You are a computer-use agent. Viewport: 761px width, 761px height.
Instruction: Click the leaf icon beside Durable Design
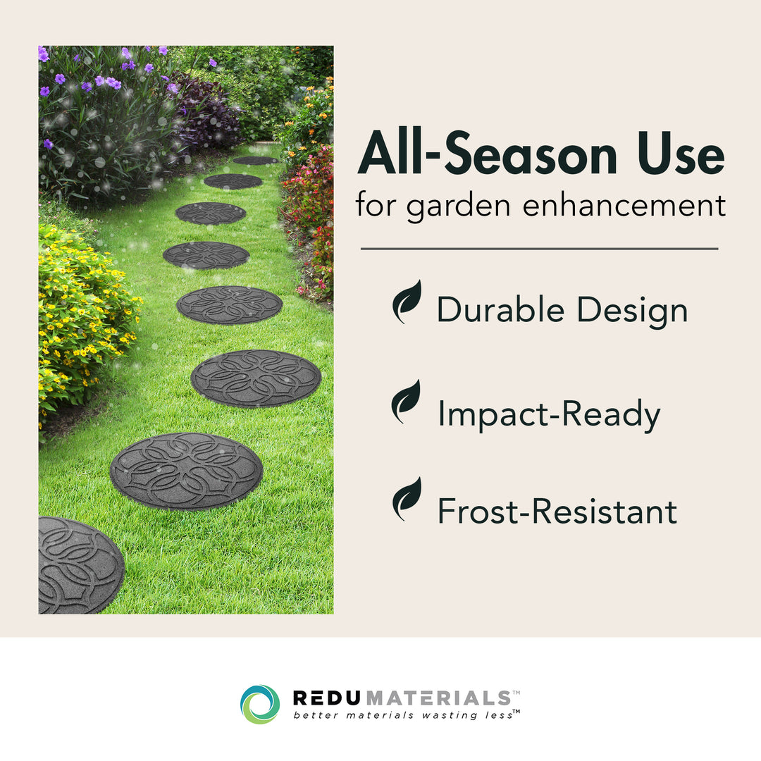(407, 302)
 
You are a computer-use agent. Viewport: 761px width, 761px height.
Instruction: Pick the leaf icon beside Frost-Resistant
(407, 499)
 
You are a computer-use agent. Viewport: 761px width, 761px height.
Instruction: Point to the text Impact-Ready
(549, 414)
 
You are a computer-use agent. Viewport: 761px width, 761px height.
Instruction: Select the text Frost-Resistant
(557, 512)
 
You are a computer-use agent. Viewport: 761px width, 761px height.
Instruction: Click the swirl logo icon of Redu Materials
(260, 704)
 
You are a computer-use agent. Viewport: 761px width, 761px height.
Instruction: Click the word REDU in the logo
(327, 698)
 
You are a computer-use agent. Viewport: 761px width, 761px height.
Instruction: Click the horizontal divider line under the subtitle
(539, 249)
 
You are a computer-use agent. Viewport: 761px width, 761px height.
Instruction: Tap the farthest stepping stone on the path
(255, 161)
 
